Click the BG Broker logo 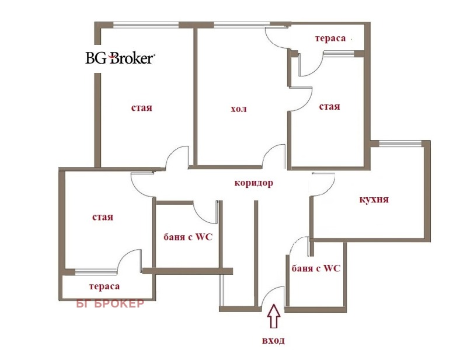(x=120, y=58)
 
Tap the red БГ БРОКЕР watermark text (x=110, y=303)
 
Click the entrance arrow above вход (x=274, y=320)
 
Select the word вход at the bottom (x=274, y=340)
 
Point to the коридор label (x=253, y=183)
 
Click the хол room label (x=239, y=109)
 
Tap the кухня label (x=374, y=200)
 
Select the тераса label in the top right (x=330, y=39)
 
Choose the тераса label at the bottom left (x=104, y=286)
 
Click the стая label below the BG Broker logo (x=141, y=108)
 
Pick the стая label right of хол (x=329, y=107)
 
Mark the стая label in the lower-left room (x=102, y=217)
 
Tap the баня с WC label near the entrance (x=315, y=268)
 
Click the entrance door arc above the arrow (x=272, y=296)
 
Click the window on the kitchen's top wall (x=400, y=142)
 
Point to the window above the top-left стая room (x=145, y=25)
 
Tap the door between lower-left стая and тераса (x=130, y=261)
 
